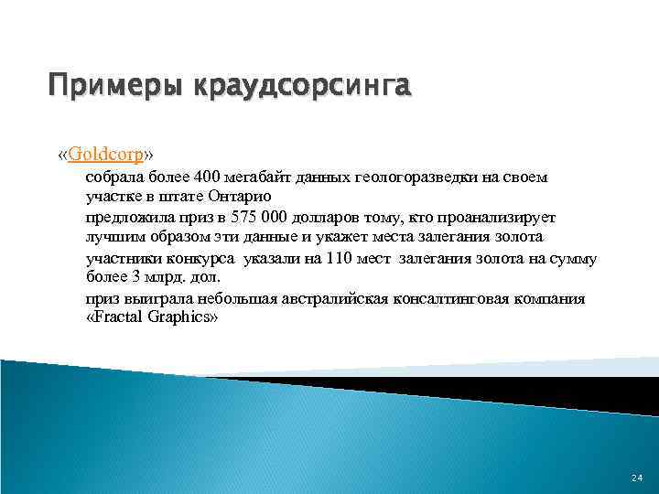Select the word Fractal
click(x=120, y=318)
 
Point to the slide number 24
click(x=637, y=478)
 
